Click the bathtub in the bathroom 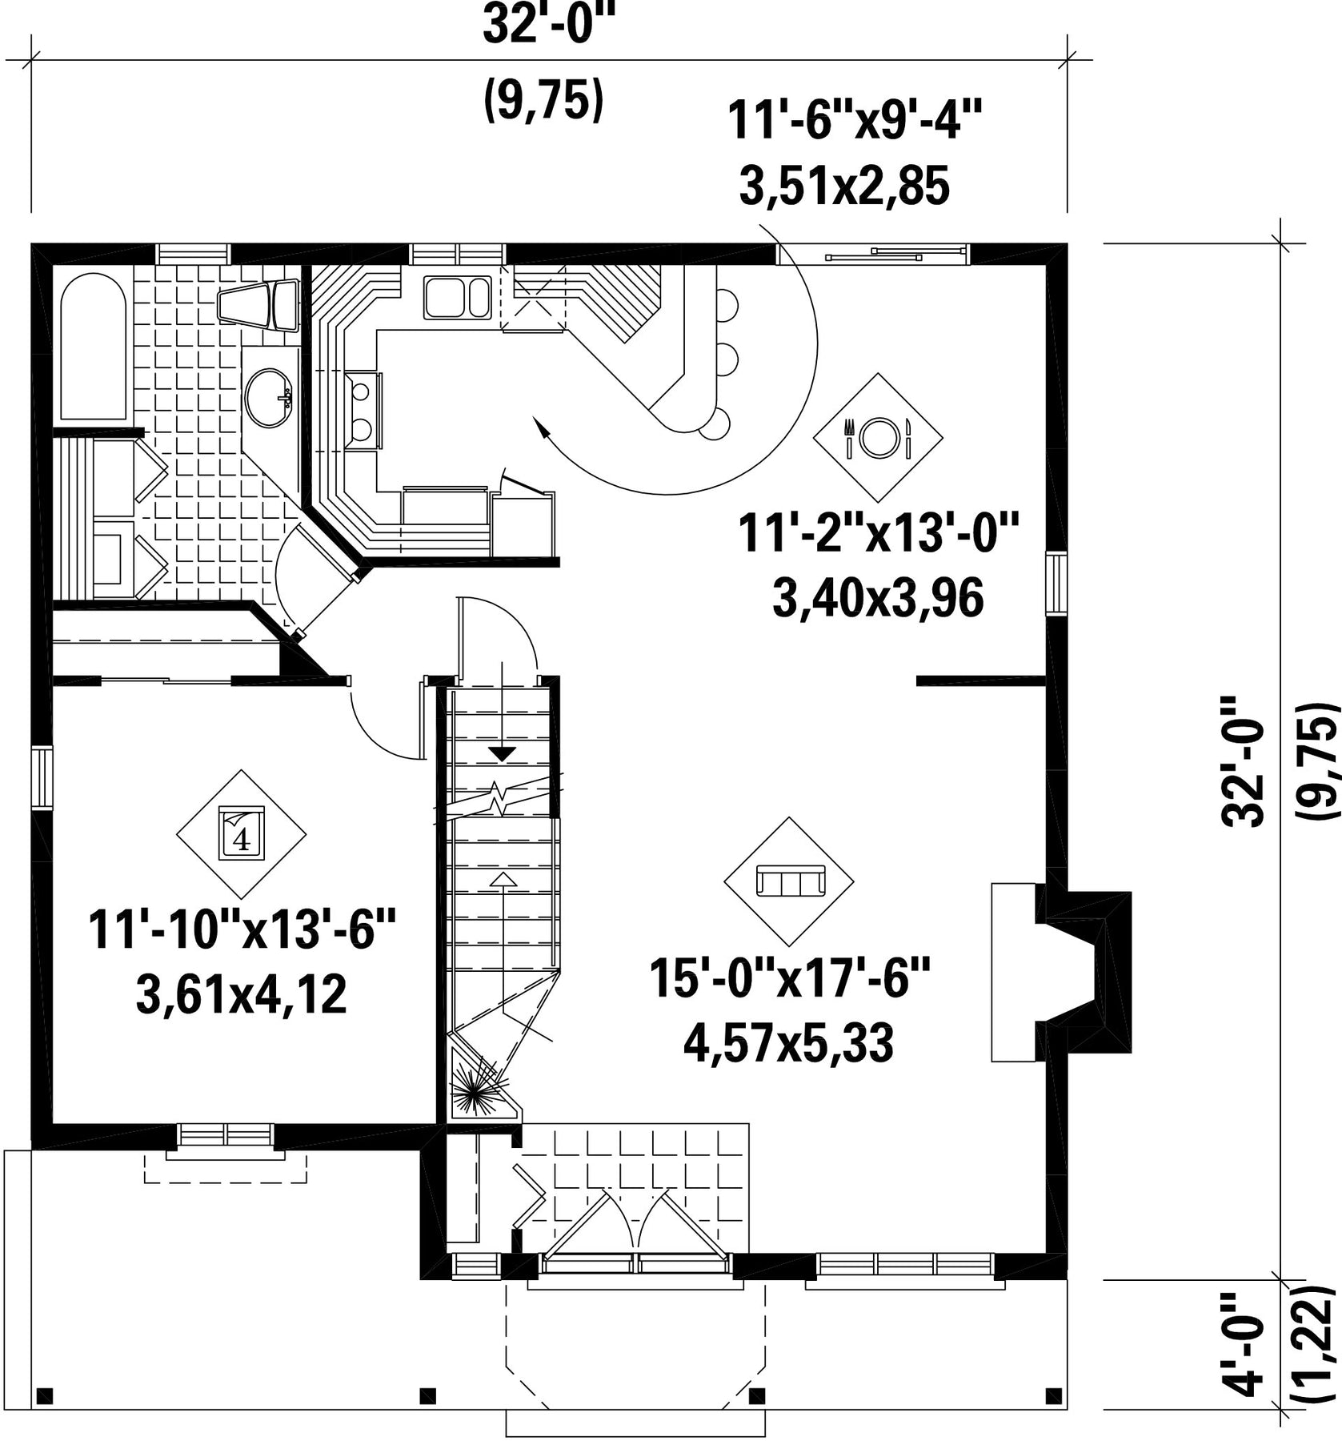(x=94, y=347)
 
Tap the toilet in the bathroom (x=258, y=304)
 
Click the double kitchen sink (x=457, y=298)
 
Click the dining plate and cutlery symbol (x=878, y=437)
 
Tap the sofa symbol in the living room (x=789, y=881)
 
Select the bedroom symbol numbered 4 (x=241, y=833)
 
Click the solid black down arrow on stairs (x=503, y=753)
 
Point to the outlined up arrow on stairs (x=503, y=880)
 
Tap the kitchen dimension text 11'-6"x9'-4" (x=854, y=122)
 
